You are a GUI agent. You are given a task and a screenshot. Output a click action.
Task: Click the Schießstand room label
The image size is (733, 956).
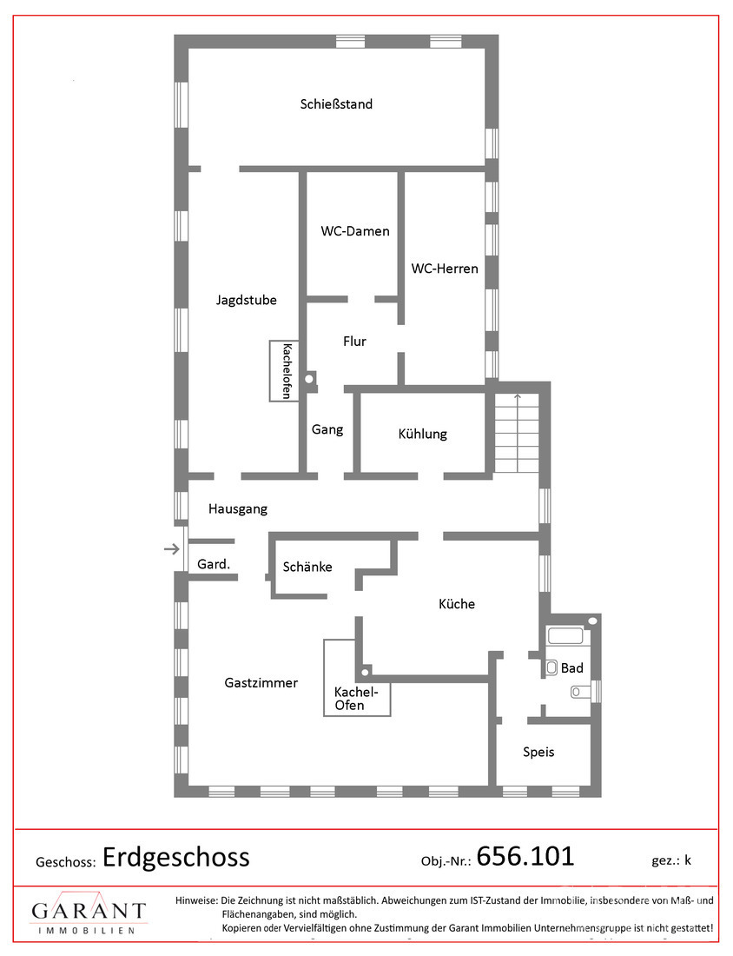click(x=336, y=104)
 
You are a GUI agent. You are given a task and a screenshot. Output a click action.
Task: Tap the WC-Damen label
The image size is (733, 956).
click(x=355, y=231)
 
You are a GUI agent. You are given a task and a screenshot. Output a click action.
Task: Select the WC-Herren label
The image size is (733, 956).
click(x=445, y=269)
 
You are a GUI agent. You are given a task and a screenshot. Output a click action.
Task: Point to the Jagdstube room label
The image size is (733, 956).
click(x=246, y=300)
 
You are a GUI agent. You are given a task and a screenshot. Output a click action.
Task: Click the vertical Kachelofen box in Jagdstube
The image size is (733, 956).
click(x=284, y=371)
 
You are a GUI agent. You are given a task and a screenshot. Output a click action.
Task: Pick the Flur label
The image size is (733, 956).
click(x=354, y=342)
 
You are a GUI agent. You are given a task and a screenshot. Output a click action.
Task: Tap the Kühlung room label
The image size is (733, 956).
click(x=422, y=434)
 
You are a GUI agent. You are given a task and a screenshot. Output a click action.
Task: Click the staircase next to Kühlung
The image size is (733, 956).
click(x=517, y=433)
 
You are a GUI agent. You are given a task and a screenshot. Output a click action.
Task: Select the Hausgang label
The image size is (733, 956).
click(x=238, y=509)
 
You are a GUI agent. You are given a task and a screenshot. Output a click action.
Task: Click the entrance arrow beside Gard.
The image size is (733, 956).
click(x=172, y=549)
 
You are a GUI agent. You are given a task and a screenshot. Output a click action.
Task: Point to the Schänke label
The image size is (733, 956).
click(x=307, y=567)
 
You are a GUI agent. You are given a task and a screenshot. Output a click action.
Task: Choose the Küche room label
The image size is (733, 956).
click(x=456, y=604)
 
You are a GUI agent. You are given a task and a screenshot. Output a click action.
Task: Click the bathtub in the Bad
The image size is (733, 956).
click(x=565, y=636)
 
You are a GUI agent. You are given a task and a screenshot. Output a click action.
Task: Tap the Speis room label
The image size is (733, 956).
click(x=538, y=753)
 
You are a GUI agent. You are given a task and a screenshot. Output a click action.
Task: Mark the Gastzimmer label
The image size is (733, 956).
click(x=261, y=683)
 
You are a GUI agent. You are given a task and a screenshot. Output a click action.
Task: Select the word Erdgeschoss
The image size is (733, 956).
click(x=176, y=858)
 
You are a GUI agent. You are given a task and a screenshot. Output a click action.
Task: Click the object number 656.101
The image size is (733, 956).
click(x=525, y=856)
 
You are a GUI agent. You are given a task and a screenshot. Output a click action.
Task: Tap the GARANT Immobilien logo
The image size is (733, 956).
click(x=89, y=913)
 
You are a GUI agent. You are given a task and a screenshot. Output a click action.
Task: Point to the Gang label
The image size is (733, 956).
click(x=327, y=430)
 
